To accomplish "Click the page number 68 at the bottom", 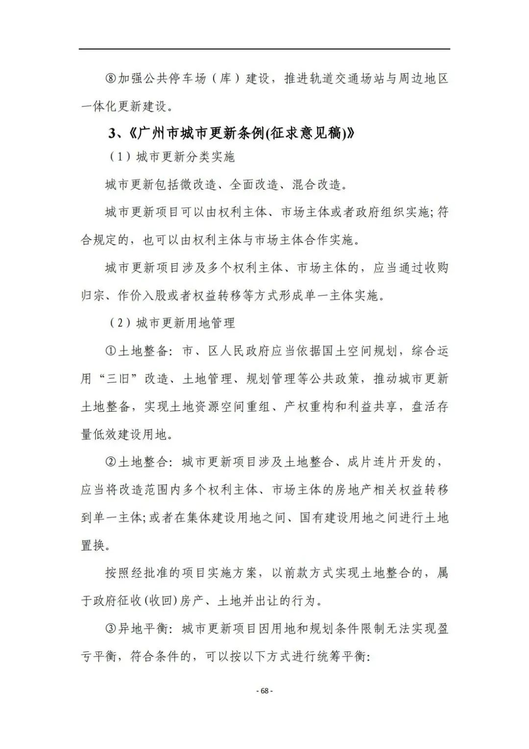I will [264, 691].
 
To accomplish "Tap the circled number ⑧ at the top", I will [111, 79].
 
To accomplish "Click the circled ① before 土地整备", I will [111, 351].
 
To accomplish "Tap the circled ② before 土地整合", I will [111, 462].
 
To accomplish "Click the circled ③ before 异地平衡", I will [111, 628].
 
